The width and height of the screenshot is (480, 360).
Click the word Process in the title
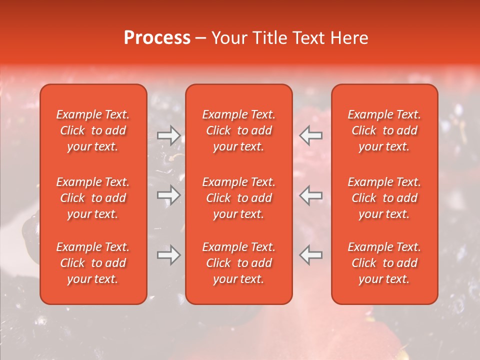[157, 38]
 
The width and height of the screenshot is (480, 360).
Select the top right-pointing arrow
[169, 135]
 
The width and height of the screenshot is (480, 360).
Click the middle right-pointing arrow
[169, 195]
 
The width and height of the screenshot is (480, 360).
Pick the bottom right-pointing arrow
[169, 255]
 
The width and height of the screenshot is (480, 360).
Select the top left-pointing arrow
[310, 135]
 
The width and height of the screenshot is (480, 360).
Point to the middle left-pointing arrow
[310, 195]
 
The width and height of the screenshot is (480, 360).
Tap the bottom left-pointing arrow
[310, 255]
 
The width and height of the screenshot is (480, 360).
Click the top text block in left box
[93, 130]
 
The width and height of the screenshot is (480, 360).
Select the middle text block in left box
[93, 198]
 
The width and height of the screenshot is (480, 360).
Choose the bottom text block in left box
[93, 263]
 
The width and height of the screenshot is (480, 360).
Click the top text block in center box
[238, 130]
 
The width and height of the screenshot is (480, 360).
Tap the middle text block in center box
[238, 198]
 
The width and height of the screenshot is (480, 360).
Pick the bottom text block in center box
[238, 263]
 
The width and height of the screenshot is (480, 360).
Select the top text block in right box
[384, 130]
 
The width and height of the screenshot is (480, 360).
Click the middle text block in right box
[384, 198]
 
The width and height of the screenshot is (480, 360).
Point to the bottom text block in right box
[384, 263]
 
